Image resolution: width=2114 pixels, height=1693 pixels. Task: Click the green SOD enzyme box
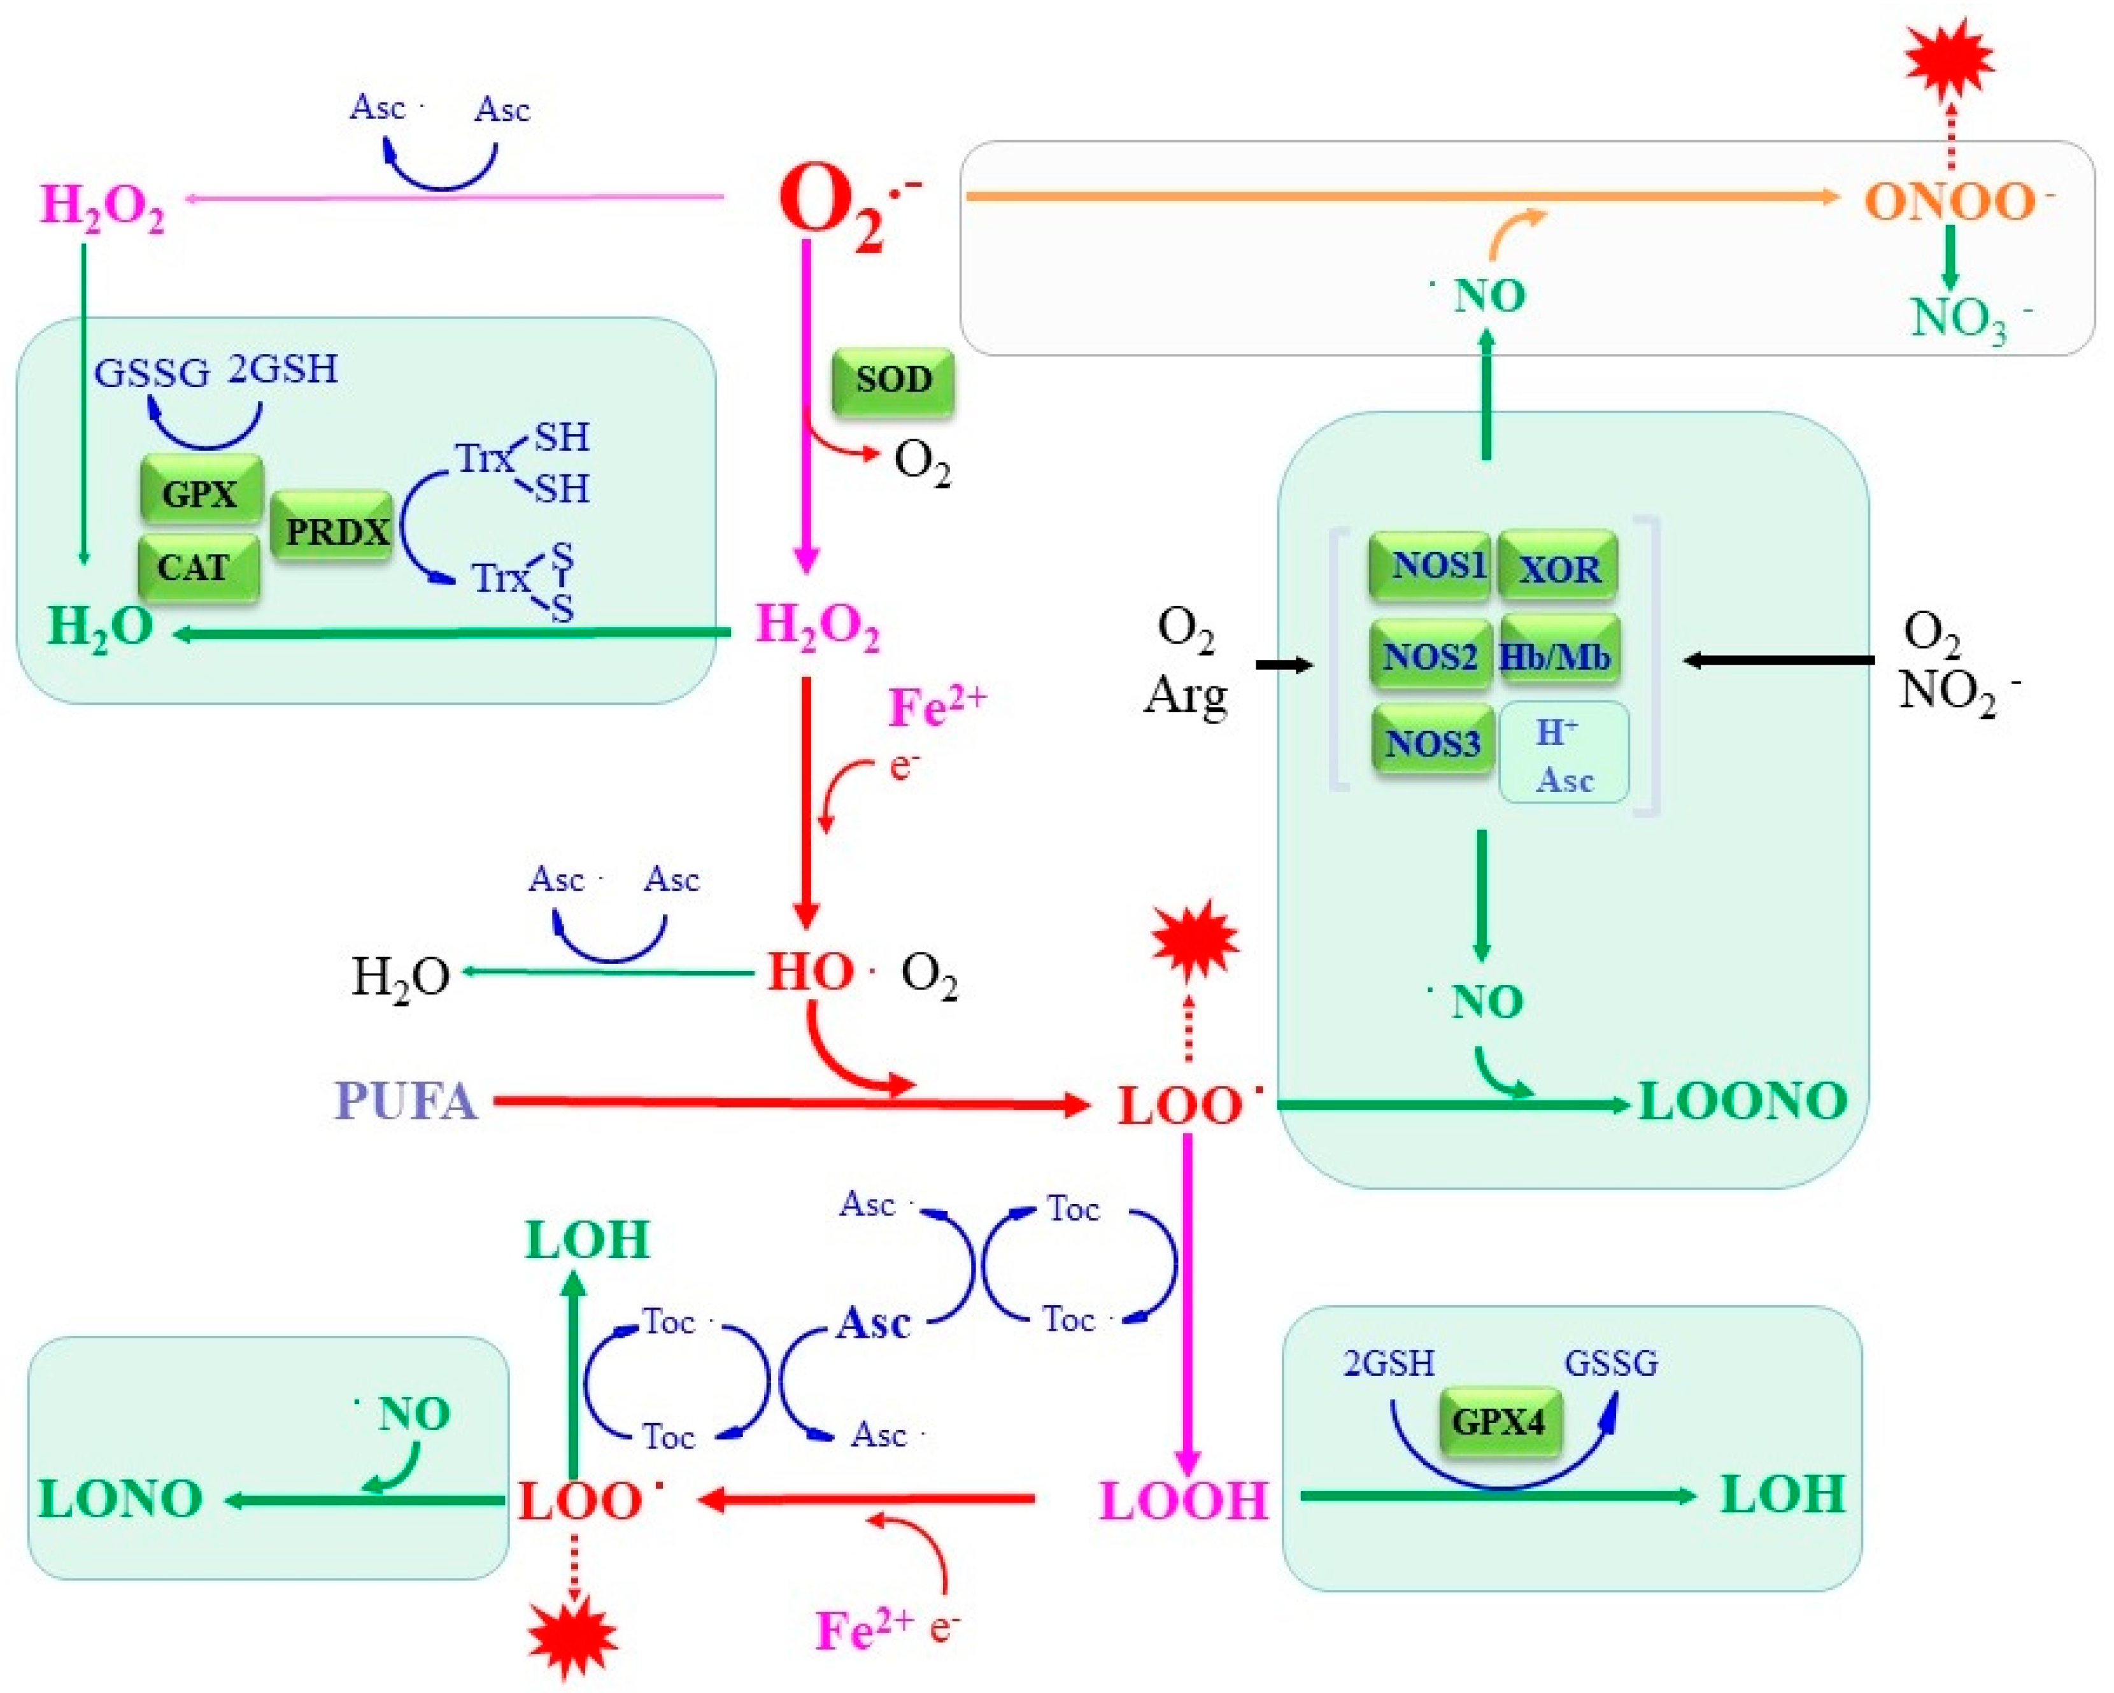point(892,380)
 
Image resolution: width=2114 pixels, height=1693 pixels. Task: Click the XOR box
point(1558,567)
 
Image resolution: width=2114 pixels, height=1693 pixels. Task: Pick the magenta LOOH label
point(1184,1501)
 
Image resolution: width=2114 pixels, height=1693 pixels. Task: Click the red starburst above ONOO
point(1949,58)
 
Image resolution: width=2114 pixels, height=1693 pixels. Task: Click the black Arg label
point(1186,696)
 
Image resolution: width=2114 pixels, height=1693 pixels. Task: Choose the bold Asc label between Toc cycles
point(873,1324)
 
